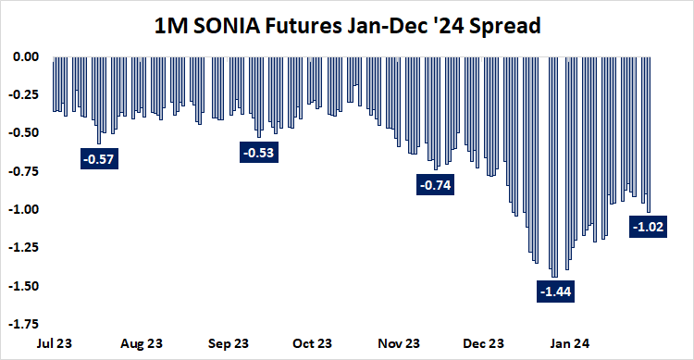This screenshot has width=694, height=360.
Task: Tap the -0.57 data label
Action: click(x=98, y=159)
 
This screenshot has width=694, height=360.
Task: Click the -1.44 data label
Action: click(x=554, y=292)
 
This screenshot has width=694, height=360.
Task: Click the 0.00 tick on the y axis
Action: click(x=25, y=56)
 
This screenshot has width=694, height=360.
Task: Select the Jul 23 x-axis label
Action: click(x=56, y=343)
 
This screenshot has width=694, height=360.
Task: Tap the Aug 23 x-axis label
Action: click(x=142, y=343)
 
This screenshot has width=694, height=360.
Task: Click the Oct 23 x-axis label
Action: click(x=313, y=343)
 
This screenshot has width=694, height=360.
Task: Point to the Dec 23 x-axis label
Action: click(x=487, y=343)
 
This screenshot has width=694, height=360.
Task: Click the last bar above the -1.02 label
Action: click(x=649, y=134)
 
